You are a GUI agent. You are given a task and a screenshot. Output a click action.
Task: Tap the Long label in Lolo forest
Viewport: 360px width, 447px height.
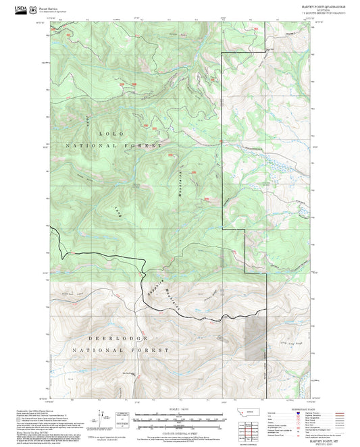click(116, 211)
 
